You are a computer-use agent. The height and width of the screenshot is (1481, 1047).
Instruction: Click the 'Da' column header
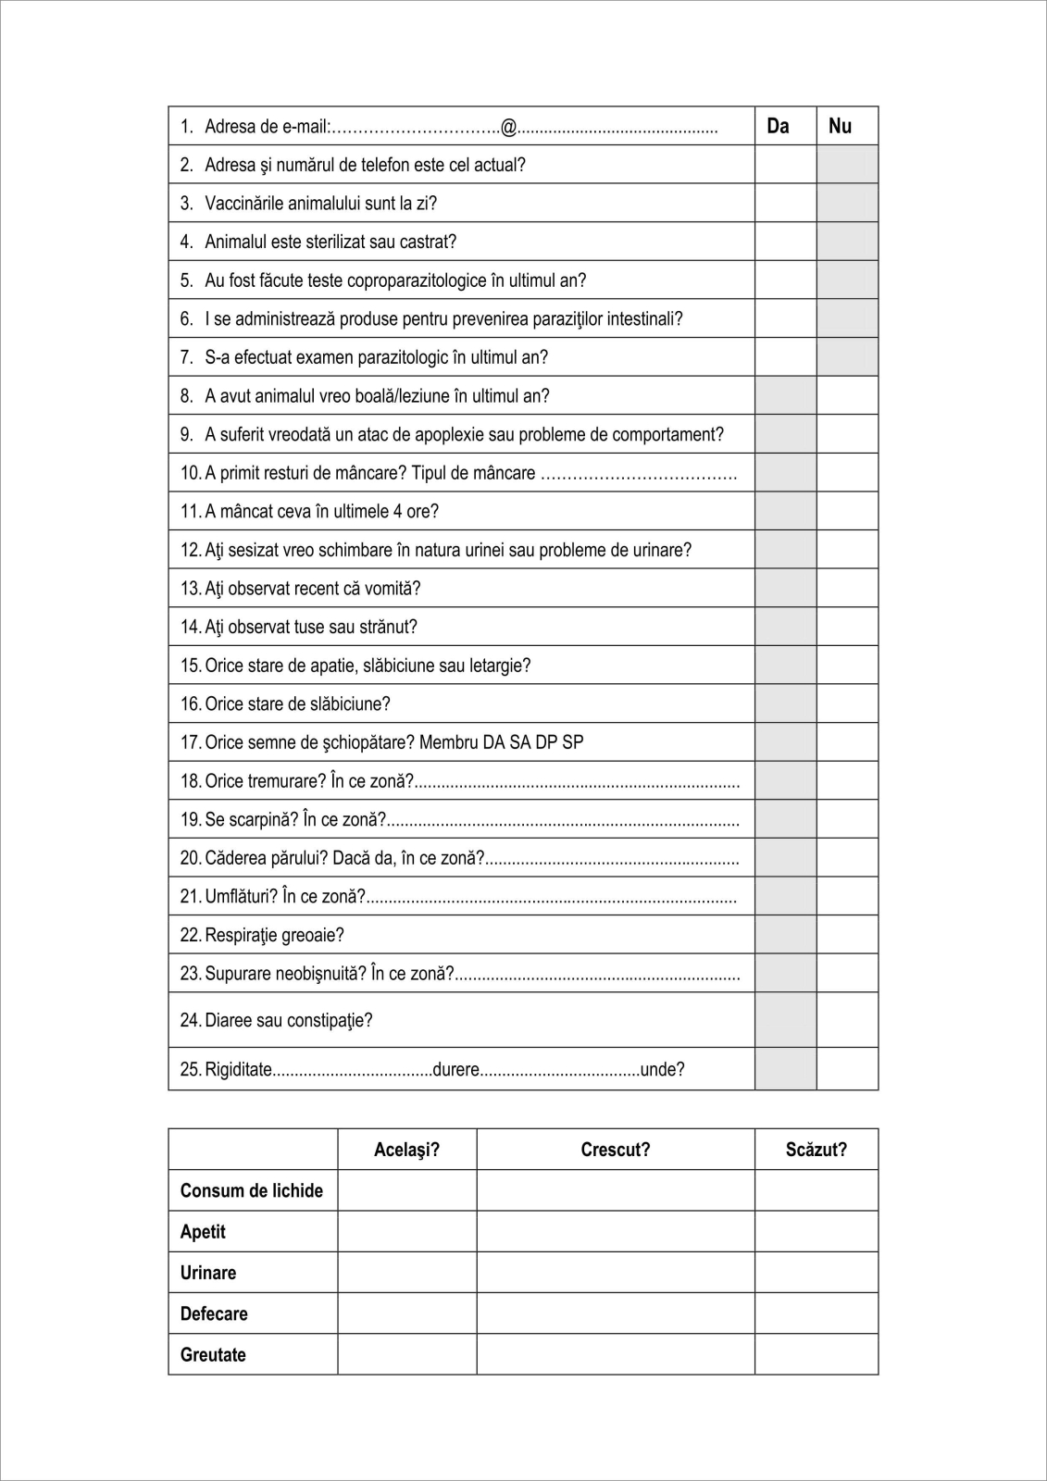pos(778,126)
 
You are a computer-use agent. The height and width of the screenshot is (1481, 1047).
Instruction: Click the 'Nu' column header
pos(840,126)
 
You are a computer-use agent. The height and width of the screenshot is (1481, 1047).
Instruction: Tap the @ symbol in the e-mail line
pos(508,127)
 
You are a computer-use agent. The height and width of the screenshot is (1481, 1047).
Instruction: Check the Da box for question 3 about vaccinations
pos(785,203)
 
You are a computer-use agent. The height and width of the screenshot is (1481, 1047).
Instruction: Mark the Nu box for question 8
pos(847,395)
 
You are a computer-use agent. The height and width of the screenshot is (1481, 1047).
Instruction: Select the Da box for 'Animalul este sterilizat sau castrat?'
pos(785,242)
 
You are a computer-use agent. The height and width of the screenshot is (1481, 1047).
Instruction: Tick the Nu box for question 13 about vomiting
pos(847,588)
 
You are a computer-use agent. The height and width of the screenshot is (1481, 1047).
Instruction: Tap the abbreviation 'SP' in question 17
pos(573,742)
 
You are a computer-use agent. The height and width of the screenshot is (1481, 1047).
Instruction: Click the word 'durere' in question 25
pos(455,1070)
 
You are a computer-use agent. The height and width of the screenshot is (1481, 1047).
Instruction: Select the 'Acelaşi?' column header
pos(406,1150)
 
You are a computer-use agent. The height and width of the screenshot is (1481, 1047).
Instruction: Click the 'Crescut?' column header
pos(616,1150)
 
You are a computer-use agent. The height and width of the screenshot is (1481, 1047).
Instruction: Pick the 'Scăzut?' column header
pos(816,1150)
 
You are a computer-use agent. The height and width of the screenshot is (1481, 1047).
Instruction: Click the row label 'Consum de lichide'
pos(252,1191)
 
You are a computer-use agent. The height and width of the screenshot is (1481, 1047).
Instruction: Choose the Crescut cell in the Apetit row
pos(616,1232)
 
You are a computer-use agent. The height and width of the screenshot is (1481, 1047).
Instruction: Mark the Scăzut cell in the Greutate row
pos(816,1354)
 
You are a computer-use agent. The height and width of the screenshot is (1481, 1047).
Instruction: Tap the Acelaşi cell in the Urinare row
pos(406,1273)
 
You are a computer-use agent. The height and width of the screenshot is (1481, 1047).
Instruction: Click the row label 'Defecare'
pos(214,1313)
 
